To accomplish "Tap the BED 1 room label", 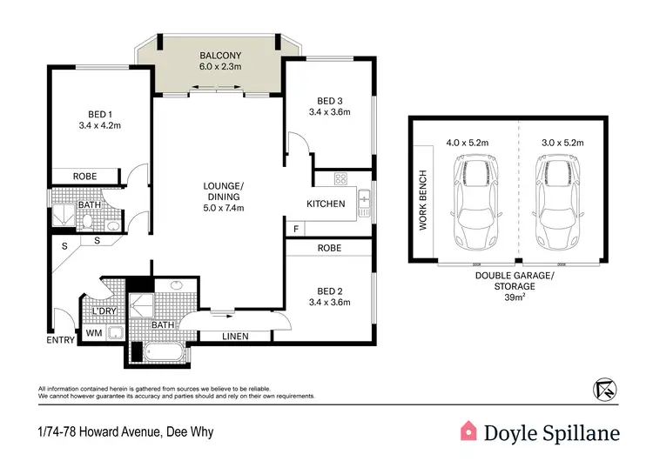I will [x=98, y=115].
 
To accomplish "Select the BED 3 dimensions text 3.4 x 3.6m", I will [x=330, y=111].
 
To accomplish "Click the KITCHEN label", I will [x=326, y=204].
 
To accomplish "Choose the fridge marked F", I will [x=297, y=229].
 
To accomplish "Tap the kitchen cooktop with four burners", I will [x=341, y=180].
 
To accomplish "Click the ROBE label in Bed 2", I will [x=330, y=249].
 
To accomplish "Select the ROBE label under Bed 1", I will [x=84, y=177].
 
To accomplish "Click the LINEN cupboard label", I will [x=236, y=337].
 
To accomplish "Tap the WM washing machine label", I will [x=93, y=332].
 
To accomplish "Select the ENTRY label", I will [x=60, y=340].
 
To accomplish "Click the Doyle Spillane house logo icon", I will [x=468, y=430].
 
